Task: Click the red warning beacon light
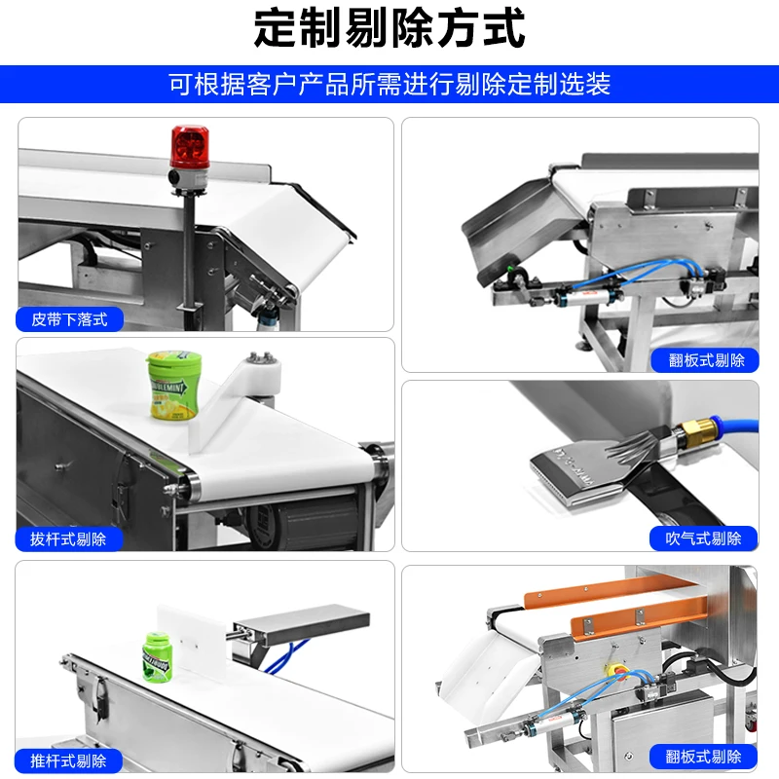click(189, 146)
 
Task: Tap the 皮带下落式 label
click(69, 318)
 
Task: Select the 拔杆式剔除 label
click(69, 538)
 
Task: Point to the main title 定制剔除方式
click(389, 29)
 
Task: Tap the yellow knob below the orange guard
click(614, 672)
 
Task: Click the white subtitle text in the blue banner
click(389, 84)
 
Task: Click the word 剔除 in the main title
click(389, 29)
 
